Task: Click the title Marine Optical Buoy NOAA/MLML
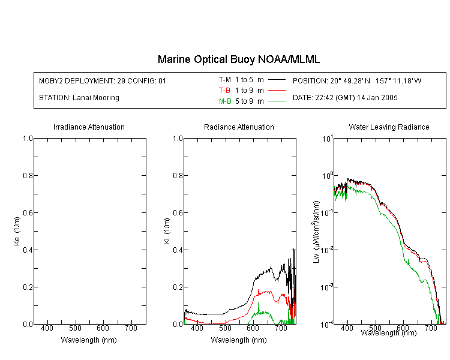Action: [x=238, y=59]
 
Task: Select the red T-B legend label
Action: [x=224, y=91]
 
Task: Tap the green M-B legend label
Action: [x=225, y=101]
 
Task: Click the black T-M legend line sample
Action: [x=277, y=80]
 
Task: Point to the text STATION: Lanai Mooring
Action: [x=79, y=98]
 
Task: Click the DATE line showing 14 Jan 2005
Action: [x=345, y=98]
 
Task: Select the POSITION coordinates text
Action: [x=357, y=80]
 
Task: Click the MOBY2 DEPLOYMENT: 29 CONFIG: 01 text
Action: [x=103, y=80]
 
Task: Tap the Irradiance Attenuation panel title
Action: [x=89, y=127]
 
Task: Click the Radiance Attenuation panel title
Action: [x=239, y=127]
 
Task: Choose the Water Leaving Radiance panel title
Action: [x=389, y=127]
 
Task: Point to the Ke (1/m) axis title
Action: [x=17, y=232]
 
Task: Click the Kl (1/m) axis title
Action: [x=167, y=232]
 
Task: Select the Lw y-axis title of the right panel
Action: [x=316, y=232]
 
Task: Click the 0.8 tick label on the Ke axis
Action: [x=28, y=175]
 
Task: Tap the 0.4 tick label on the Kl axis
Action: [x=178, y=250]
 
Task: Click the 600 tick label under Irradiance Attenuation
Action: [x=103, y=328]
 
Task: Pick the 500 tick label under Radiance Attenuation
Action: [x=225, y=328]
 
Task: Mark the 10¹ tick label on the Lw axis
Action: [x=327, y=139]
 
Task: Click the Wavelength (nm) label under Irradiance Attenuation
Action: [x=89, y=340]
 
